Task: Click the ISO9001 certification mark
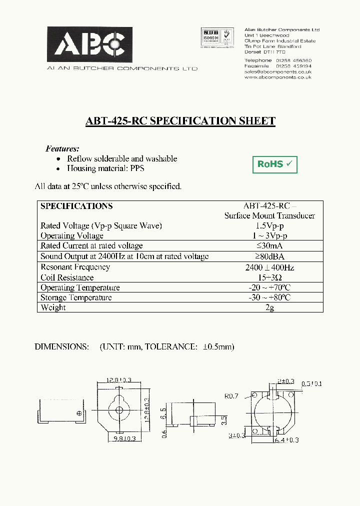pyautogui.click(x=209, y=37)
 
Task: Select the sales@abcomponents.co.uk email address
pyautogui.click(x=278, y=71)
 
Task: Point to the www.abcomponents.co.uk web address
pyautogui.click(x=278, y=77)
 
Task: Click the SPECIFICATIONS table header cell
pyautogui.click(x=76, y=206)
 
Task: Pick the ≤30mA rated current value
pyautogui.click(x=269, y=246)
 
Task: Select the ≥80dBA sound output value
pyautogui.click(x=269, y=256)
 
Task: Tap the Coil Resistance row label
pyautogui.click(x=67, y=277)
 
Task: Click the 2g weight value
pyautogui.click(x=269, y=307)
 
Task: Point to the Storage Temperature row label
pyautogui.click(x=76, y=297)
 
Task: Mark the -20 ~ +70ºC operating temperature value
pyautogui.click(x=269, y=287)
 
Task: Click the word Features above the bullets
pyautogui.click(x=62, y=148)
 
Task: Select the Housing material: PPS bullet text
pyautogui.click(x=105, y=168)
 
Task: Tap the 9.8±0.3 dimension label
pyautogui.click(x=125, y=438)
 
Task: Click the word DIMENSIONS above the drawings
pyautogui.click(x=61, y=346)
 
